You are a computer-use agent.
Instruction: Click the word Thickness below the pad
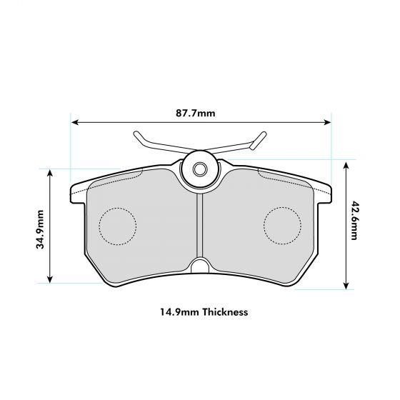pyautogui.click(x=224, y=312)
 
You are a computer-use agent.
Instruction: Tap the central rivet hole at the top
pyautogui.click(x=200, y=170)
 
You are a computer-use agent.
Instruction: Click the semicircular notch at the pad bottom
pyautogui.click(x=200, y=267)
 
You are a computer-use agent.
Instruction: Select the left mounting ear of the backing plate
pyautogui.click(x=74, y=193)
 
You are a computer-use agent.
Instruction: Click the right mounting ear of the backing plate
pyautogui.click(x=326, y=193)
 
